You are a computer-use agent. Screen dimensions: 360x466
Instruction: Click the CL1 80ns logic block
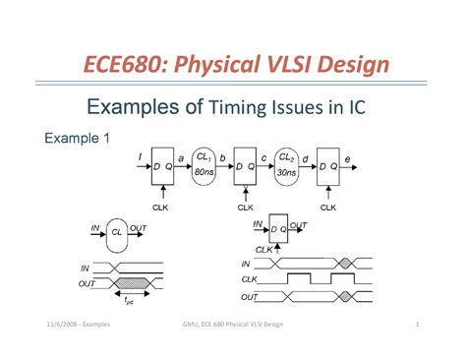[204, 164]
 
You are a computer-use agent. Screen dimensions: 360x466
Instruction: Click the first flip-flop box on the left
[161, 169]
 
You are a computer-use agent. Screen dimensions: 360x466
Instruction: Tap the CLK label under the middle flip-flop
[245, 208]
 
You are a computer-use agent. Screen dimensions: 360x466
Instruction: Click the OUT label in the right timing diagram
[252, 296]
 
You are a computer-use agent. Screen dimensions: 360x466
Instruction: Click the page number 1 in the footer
[418, 326]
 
